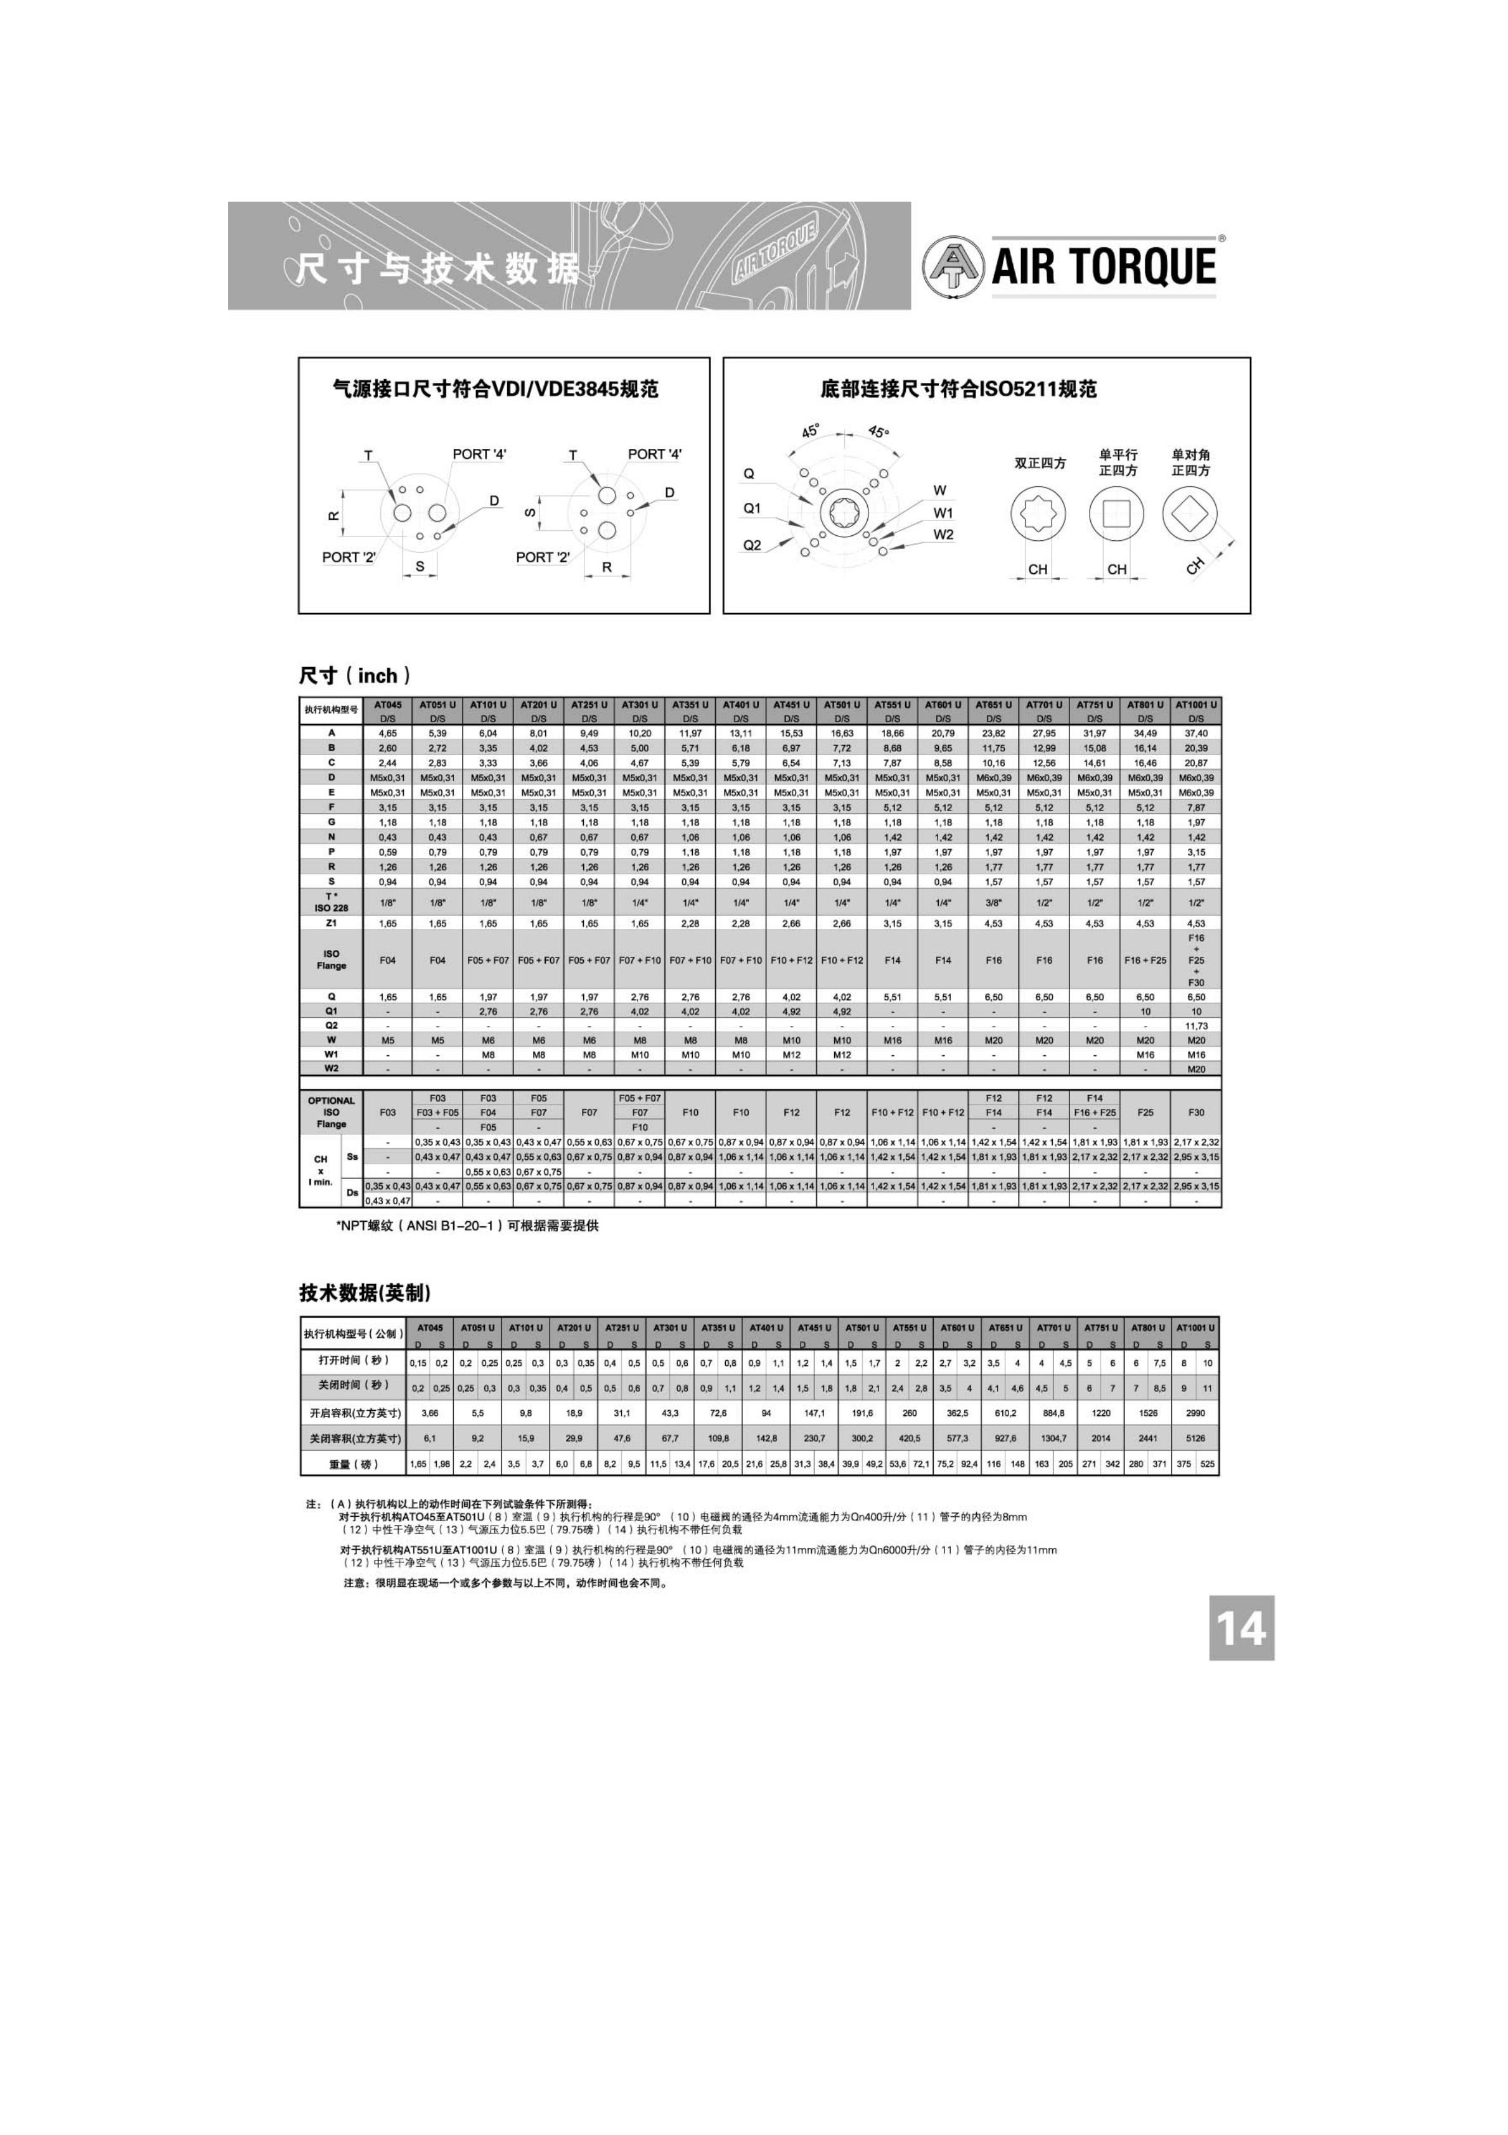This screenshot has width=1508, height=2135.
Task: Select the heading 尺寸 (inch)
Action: click(x=354, y=676)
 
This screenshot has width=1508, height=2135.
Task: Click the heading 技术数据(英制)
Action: click(x=364, y=1292)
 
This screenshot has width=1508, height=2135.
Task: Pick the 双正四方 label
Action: click(x=1040, y=463)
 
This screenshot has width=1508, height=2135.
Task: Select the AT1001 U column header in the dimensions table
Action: click(x=1195, y=705)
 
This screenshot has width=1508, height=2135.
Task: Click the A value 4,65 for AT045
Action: click(x=388, y=734)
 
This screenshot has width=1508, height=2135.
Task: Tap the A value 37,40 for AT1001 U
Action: click(x=1195, y=734)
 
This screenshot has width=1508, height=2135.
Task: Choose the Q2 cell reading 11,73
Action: click(x=1195, y=1026)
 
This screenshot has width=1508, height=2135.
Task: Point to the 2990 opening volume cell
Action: click(x=1195, y=1413)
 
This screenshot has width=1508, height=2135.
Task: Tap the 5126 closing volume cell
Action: click(x=1195, y=1437)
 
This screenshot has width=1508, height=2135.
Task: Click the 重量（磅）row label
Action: click(x=353, y=1463)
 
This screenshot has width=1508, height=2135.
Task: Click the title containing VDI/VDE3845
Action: click(x=496, y=389)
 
